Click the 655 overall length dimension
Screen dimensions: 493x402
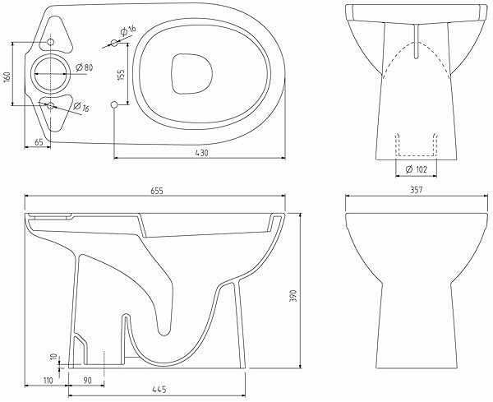(157, 191)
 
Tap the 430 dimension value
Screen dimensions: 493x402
(202, 153)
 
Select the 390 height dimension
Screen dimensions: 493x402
(293, 296)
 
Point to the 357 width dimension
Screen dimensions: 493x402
(417, 190)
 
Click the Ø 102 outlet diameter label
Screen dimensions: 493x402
(417, 169)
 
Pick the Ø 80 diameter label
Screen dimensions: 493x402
(85, 67)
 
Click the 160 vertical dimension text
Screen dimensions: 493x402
(7, 76)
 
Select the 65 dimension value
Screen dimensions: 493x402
(39, 142)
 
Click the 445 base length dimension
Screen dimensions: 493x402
(159, 390)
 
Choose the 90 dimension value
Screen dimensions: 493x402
(87, 381)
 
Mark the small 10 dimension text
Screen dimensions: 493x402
(53, 357)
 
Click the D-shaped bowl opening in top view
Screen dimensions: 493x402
(191, 74)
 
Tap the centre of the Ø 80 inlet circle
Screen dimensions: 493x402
(50, 74)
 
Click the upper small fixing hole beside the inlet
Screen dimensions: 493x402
(50, 42)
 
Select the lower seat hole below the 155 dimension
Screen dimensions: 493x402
(114, 104)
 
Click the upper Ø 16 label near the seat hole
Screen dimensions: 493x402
(128, 30)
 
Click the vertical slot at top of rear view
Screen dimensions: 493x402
(417, 41)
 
